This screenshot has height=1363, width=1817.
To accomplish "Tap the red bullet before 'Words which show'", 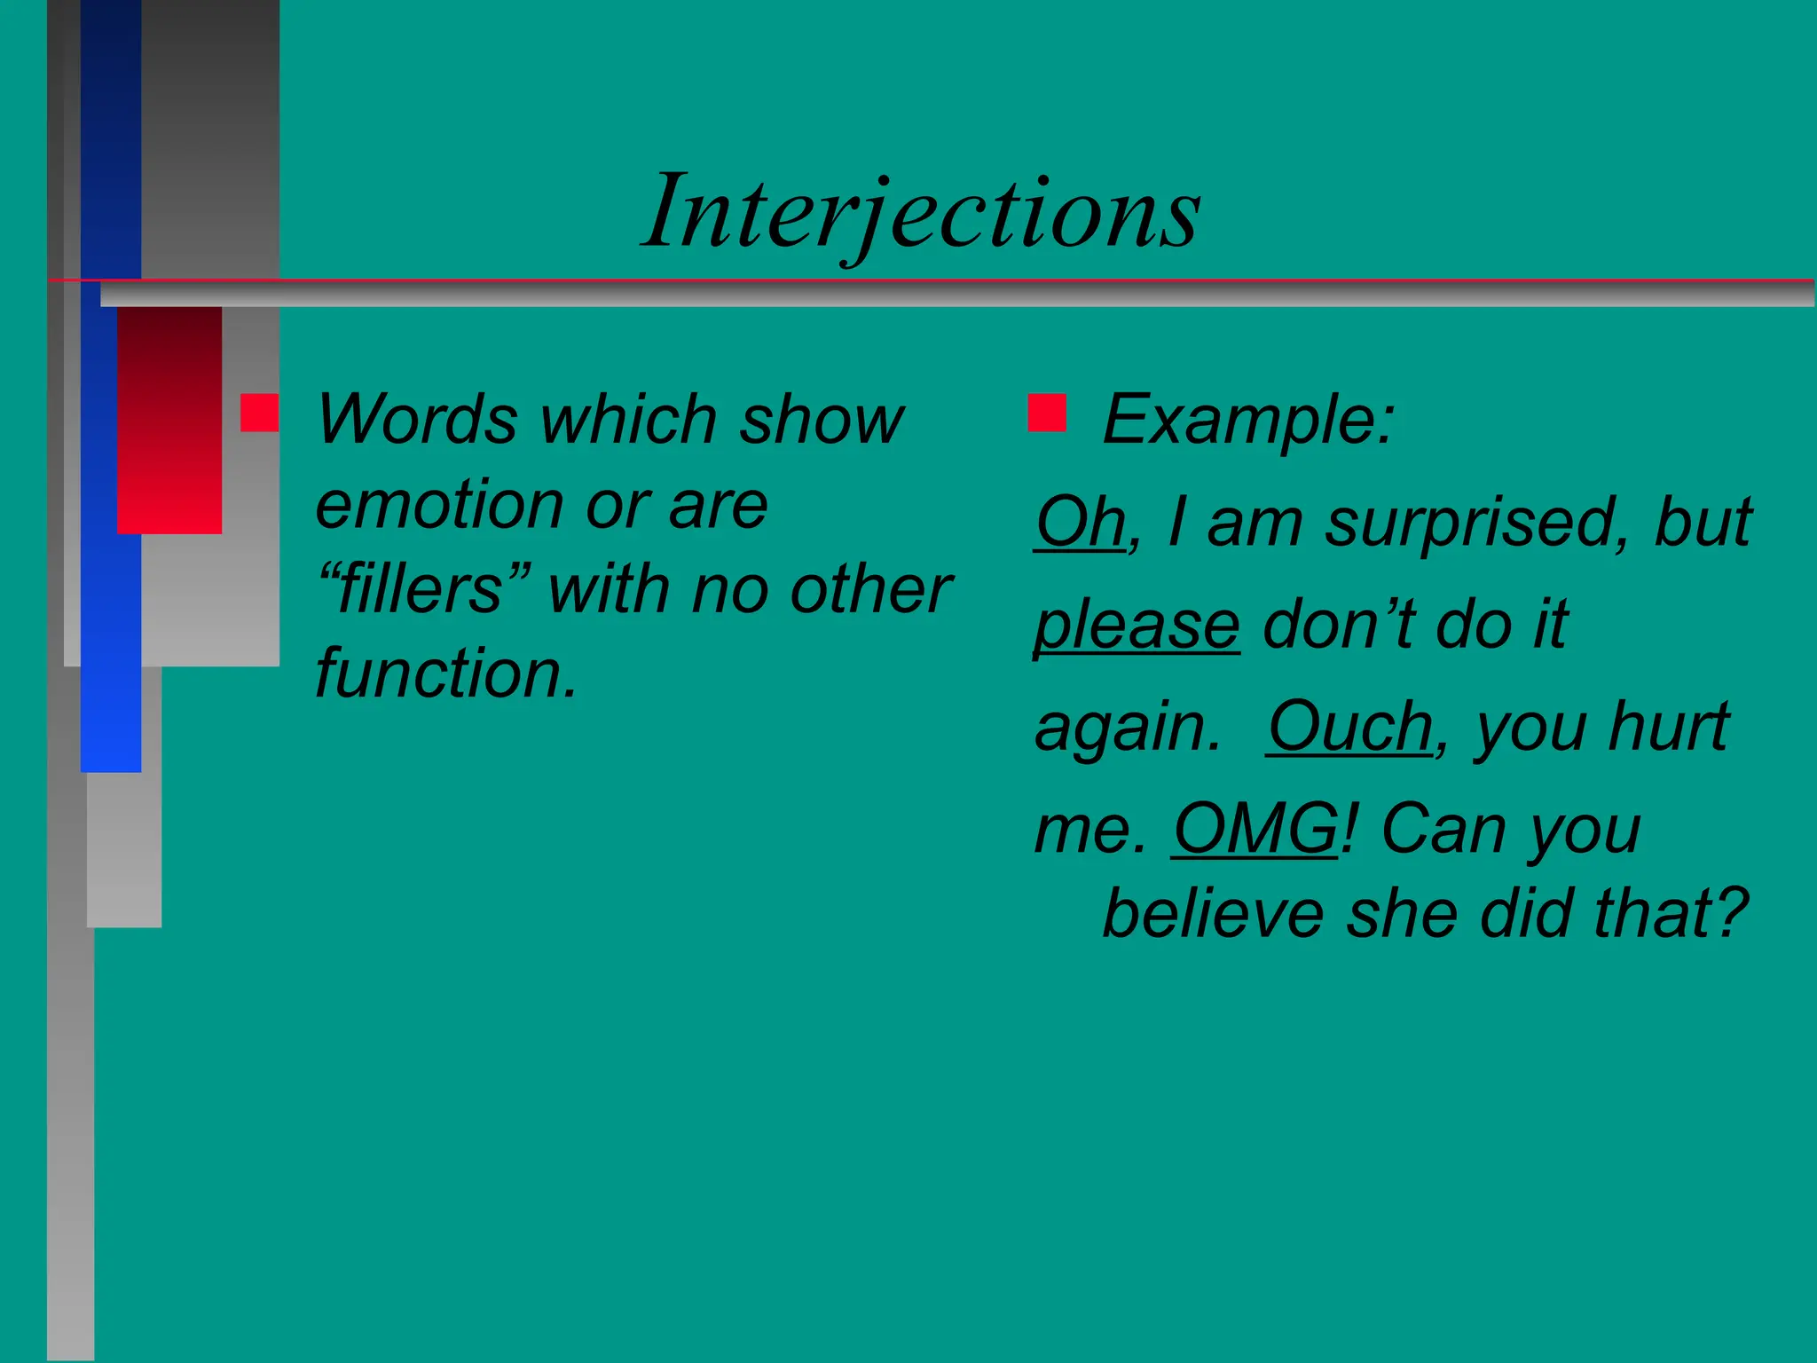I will [x=259, y=413].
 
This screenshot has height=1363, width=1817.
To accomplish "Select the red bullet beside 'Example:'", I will [x=1047, y=413].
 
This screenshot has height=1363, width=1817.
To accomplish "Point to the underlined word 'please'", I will [x=1137, y=625].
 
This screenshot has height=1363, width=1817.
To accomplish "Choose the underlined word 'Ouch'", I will [x=1349, y=727].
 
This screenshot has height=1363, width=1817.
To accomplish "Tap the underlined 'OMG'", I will [x=1255, y=829].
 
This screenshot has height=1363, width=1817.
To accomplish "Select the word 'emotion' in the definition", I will [x=440, y=506].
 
